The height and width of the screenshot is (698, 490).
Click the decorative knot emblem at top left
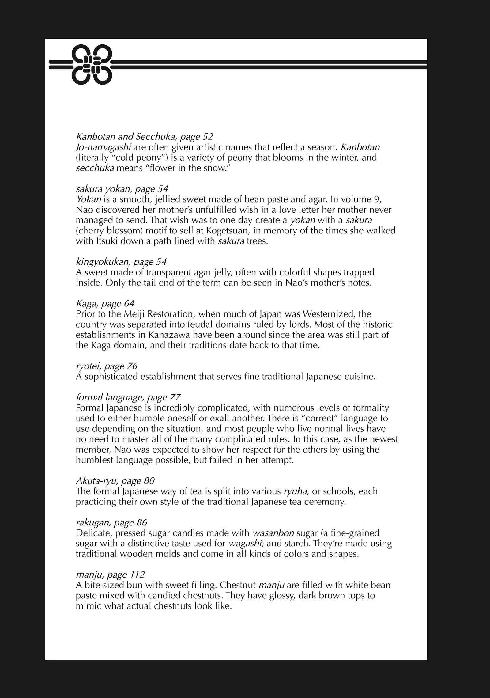pyautogui.click(x=92, y=65)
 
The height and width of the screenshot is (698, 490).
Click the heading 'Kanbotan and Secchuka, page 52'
pyautogui.click(x=144, y=137)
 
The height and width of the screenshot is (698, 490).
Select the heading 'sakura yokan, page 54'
pyautogui.click(x=122, y=189)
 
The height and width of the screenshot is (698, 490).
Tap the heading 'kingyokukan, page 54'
pyautogui.click(x=121, y=262)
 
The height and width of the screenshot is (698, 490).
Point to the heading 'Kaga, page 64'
pyautogui.click(x=105, y=304)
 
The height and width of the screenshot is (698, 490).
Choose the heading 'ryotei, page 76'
pyautogui.click(x=107, y=366)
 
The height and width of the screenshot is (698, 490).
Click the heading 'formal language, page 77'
pyautogui.click(x=128, y=398)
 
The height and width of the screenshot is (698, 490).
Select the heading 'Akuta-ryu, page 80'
pyautogui.click(x=115, y=481)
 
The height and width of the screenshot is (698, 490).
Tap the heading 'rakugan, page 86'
pyautogui.click(x=111, y=522)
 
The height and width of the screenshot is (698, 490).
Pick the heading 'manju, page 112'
pyautogui.click(x=110, y=575)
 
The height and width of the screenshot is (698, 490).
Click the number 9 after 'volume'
pyautogui.click(x=377, y=199)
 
